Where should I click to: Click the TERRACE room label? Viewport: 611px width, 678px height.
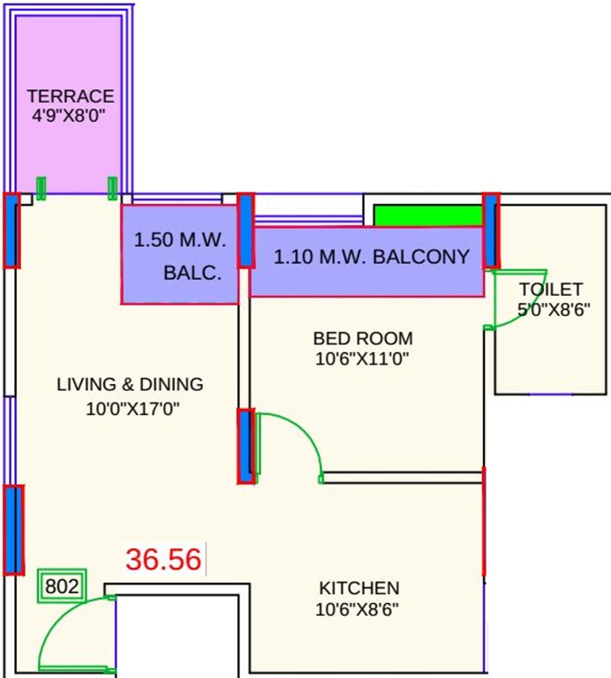point(71,96)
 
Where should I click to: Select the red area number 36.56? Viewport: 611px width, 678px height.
point(163,560)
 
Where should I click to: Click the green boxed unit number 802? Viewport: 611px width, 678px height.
point(62,586)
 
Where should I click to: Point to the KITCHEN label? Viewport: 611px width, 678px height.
point(359,588)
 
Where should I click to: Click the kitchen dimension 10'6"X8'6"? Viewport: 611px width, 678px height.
point(359,608)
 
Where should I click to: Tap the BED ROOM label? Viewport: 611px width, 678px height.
point(363,338)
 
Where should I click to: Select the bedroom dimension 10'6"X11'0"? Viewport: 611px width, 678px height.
point(363,358)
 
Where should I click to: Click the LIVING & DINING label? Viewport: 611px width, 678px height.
point(130,385)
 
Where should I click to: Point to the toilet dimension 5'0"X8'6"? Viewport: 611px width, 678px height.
point(554,310)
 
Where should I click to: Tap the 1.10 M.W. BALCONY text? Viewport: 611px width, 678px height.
point(371,258)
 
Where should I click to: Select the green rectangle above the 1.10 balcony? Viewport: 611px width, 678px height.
point(427,215)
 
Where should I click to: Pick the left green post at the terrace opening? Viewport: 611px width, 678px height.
point(41,187)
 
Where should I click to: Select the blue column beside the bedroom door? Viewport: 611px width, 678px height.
point(245,446)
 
